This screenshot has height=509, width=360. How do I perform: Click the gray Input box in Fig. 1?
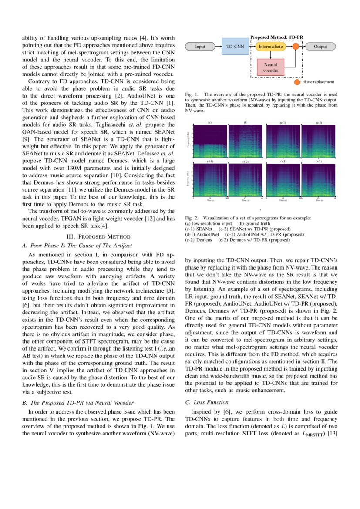[200, 47]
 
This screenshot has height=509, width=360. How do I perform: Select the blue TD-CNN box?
[236, 47]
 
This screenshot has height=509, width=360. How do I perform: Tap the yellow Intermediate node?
[270, 47]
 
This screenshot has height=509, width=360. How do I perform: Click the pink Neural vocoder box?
[270, 67]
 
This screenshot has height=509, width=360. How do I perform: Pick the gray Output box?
[321, 47]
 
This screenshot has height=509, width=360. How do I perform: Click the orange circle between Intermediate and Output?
[296, 47]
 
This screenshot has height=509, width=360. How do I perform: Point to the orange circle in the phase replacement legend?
[297, 82]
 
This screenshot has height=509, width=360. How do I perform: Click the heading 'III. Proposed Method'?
[98, 236]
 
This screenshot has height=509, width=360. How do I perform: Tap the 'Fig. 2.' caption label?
[192, 218]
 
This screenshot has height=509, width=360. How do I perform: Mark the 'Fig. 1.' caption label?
[192, 94]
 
